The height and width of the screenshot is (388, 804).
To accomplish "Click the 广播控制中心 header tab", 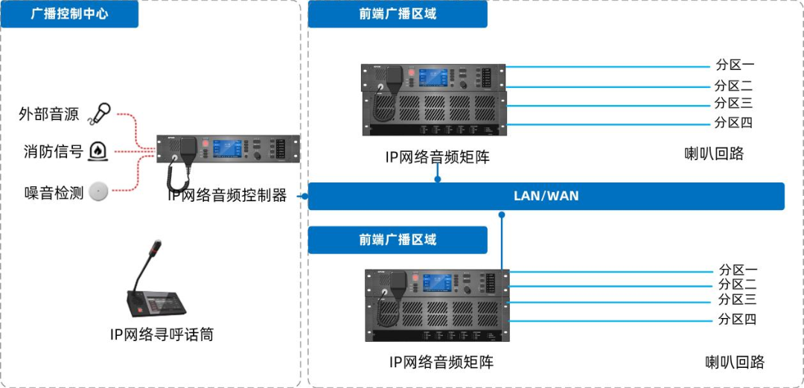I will [x=69, y=14].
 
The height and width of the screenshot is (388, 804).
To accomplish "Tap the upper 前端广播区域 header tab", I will [x=397, y=14].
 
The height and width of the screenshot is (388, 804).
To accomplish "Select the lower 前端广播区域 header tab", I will [x=397, y=240].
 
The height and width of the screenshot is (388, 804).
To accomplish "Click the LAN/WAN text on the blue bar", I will [x=546, y=197].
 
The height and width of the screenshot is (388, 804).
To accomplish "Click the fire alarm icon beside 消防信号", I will [x=98, y=151].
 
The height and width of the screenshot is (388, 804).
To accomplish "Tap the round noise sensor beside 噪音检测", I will [x=98, y=191].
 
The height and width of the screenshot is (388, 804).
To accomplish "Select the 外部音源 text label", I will [x=49, y=114].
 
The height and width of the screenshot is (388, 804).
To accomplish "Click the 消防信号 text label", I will [x=49, y=152].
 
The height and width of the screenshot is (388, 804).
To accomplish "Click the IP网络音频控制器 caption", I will [x=227, y=196].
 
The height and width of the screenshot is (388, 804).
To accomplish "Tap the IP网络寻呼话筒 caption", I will [x=162, y=334].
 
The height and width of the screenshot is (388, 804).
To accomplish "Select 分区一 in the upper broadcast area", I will [x=734, y=66].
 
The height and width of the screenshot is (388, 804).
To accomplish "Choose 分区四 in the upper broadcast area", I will [x=734, y=123].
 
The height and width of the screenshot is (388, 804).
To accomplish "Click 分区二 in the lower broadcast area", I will [x=737, y=284].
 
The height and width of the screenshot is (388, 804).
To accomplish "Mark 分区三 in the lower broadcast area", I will [x=737, y=300].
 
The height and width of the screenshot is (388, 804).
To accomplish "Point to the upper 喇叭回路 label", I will [x=714, y=155].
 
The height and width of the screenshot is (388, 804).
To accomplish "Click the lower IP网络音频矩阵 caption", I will [x=441, y=363].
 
